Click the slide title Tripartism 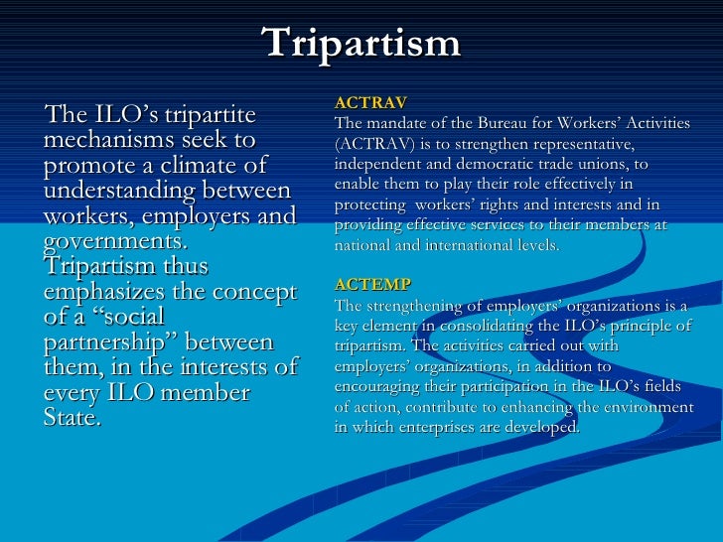click(x=361, y=43)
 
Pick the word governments click(x=113, y=241)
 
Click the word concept click(x=256, y=293)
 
